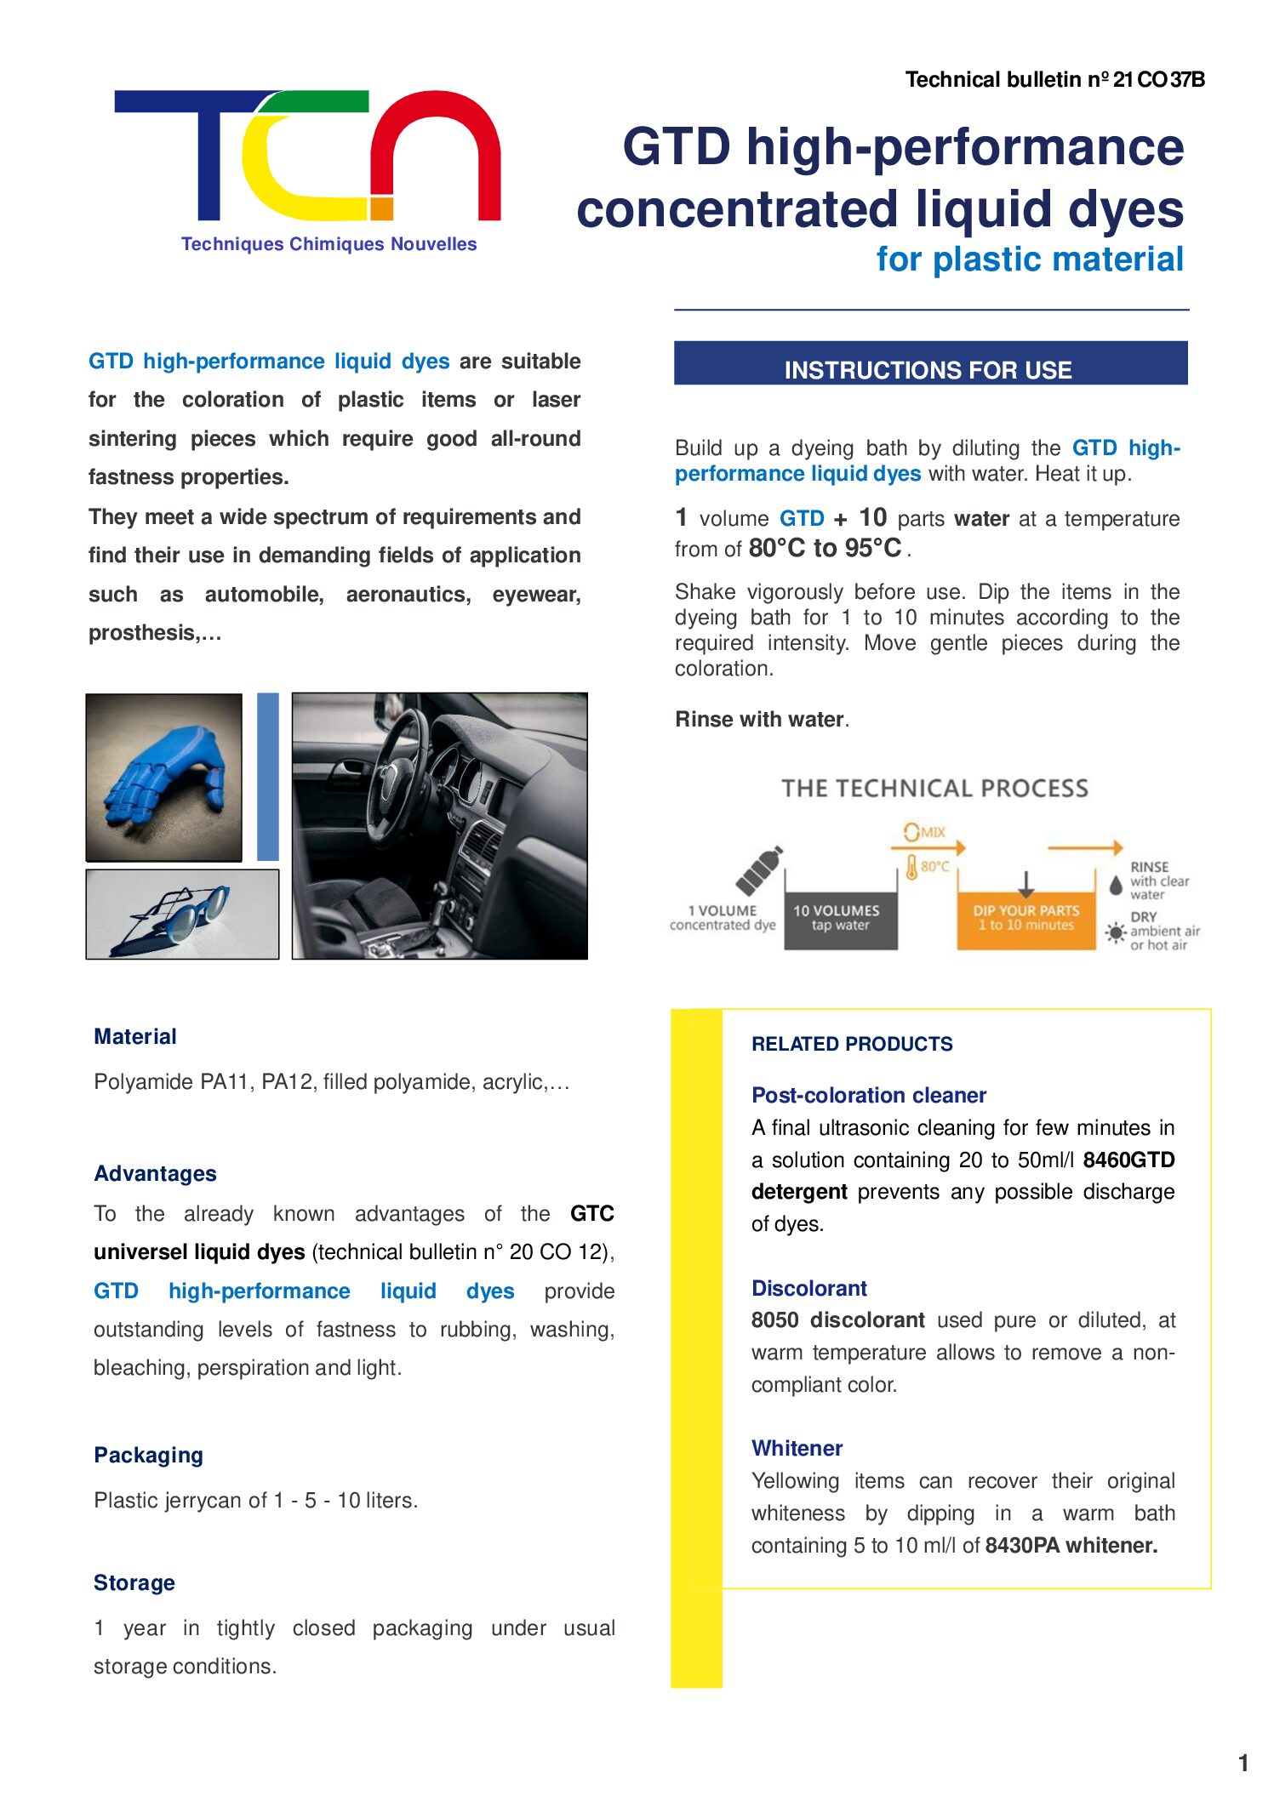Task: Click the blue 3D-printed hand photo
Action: tap(163, 777)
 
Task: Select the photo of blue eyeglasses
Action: tap(182, 914)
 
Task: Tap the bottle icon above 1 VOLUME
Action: tap(759, 870)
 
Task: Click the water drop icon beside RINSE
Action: tap(1116, 885)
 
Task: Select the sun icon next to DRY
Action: tap(1115, 932)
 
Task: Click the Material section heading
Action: tap(135, 1036)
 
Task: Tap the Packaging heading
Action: tap(148, 1455)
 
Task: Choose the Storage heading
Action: tap(134, 1582)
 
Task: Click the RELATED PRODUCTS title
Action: tap(851, 1044)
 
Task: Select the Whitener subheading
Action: tap(797, 1448)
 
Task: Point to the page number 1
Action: tap(1243, 1763)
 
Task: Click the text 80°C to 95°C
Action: tap(825, 549)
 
